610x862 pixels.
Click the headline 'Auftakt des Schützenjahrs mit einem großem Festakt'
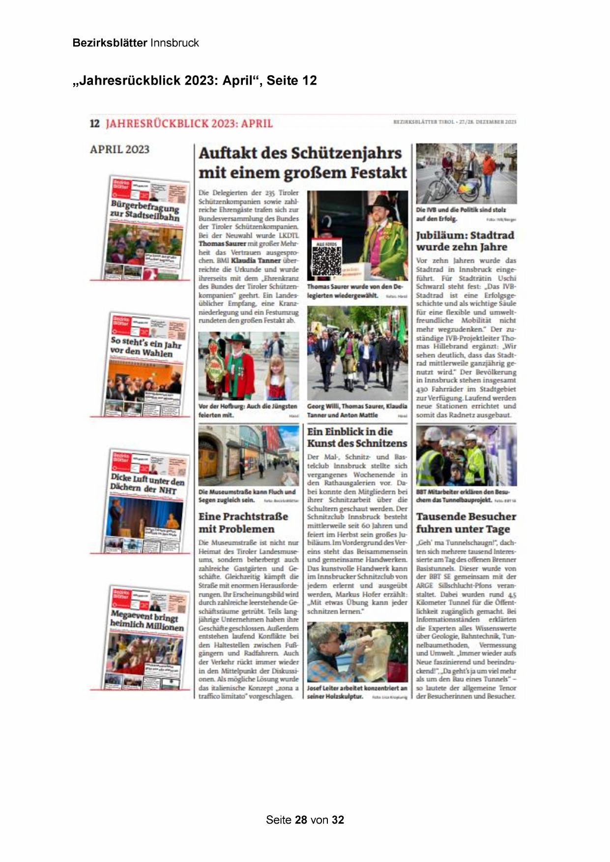(302, 163)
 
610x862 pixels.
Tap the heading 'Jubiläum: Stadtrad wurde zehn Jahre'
(465, 241)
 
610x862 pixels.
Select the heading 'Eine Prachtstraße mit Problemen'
(243, 522)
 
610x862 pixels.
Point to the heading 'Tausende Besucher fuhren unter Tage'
(465, 522)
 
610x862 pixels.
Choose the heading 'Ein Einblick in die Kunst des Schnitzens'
(357, 437)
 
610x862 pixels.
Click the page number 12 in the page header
(94, 123)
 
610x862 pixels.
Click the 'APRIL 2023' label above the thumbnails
(119, 149)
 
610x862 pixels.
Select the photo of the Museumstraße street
(248, 456)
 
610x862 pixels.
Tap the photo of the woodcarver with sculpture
(357, 652)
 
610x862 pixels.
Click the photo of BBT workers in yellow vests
(466, 456)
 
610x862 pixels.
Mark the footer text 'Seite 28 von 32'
(305, 820)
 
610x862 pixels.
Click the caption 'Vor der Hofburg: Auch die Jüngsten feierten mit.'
(248, 411)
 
